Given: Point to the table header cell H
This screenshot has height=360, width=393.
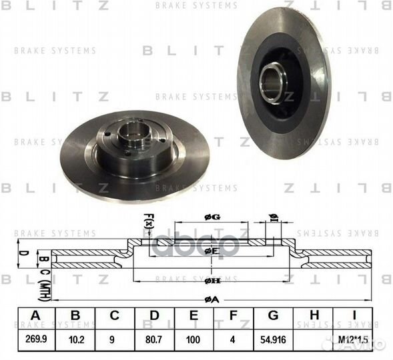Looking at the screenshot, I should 316,315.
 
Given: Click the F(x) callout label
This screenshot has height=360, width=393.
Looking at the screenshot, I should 149,221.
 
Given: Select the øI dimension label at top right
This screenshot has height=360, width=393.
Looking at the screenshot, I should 272,217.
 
